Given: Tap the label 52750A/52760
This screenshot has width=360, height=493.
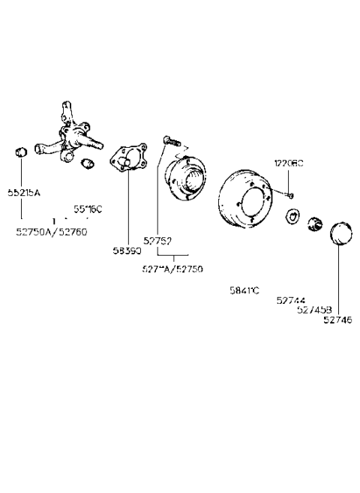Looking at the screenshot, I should (51, 232).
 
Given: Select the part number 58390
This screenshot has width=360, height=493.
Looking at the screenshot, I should (127, 250).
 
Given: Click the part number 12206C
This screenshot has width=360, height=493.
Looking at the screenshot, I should (287, 163).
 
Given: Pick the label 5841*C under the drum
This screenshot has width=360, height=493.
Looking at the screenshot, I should (244, 290).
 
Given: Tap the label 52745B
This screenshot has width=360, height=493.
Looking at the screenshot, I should (313, 308).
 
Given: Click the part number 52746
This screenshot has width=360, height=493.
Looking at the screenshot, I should (337, 318).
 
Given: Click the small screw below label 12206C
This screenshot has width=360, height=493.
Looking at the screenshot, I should (291, 195).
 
